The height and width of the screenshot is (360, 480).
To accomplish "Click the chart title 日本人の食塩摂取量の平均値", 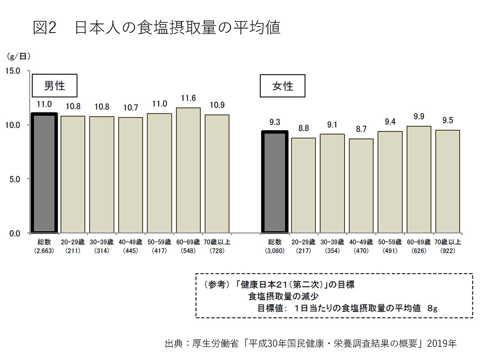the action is [178, 28].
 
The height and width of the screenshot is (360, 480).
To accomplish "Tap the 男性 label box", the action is [54, 85].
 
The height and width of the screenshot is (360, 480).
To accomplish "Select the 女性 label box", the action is [282, 85].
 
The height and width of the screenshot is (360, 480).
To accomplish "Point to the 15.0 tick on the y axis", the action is [13, 71].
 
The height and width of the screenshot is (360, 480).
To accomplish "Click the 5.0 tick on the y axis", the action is [15, 179].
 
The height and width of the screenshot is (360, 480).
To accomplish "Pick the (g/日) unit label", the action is [19, 57].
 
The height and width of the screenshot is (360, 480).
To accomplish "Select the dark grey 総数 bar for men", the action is [44, 172].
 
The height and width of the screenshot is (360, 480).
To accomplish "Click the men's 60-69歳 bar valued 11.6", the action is [188, 170].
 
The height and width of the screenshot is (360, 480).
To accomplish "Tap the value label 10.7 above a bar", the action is [130, 108].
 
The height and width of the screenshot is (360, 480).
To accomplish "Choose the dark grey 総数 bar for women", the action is [274, 181].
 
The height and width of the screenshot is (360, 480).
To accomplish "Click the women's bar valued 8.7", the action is [361, 186].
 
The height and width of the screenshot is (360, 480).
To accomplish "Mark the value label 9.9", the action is [419, 117].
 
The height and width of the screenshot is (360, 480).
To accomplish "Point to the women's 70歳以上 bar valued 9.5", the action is [448, 181].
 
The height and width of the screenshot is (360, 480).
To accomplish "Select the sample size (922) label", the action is [448, 251].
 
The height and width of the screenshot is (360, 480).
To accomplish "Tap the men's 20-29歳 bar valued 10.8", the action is [73, 174].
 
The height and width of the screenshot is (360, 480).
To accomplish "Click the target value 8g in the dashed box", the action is [432, 308].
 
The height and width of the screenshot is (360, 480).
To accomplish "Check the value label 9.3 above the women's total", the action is [274, 122].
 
